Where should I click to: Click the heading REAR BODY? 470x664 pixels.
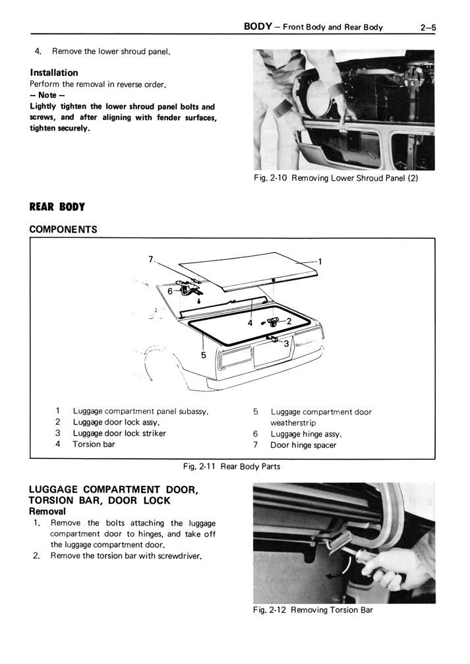click(x=57, y=207)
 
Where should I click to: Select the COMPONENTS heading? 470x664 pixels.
click(x=63, y=229)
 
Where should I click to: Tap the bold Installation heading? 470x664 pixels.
click(x=54, y=73)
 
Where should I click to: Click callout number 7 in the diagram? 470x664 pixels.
click(x=150, y=259)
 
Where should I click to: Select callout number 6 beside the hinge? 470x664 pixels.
click(x=169, y=291)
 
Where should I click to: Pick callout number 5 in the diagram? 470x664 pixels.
click(x=204, y=355)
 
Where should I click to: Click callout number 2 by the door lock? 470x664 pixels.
click(x=289, y=321)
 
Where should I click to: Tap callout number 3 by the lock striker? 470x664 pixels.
click(x=286, y=343)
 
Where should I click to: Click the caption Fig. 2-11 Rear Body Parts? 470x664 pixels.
click(x=231, y=467)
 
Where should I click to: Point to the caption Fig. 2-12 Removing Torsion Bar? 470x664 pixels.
click(x=313, y=610)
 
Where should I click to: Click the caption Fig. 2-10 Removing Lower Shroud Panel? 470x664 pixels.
click(x=336, y=178)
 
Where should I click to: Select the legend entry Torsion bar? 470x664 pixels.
click(x=94, y=444)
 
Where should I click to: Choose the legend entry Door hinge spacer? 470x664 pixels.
click(x=303, y=445)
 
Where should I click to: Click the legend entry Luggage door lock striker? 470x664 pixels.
click(x=119, y=433)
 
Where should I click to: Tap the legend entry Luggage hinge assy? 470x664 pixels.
click(x=306, y=434)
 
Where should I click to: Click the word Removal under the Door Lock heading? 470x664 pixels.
click(x=47, y=511)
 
